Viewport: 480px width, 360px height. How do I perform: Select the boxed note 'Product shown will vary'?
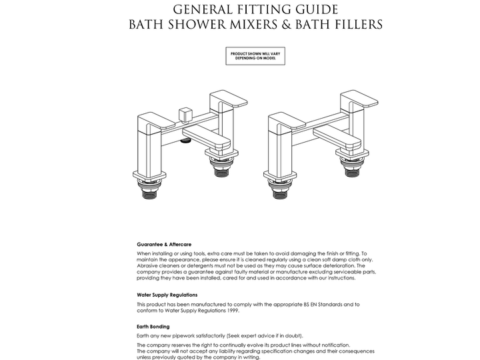pyautogui.click(x=257, y=57)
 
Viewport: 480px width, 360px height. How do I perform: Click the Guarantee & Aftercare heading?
pyautogui.click(x=164, y=245)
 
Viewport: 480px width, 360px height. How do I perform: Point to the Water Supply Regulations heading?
pyautogui.click(x=167, y=295)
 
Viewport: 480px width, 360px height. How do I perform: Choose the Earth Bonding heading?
pyautogui.click(x=153, y=327)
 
